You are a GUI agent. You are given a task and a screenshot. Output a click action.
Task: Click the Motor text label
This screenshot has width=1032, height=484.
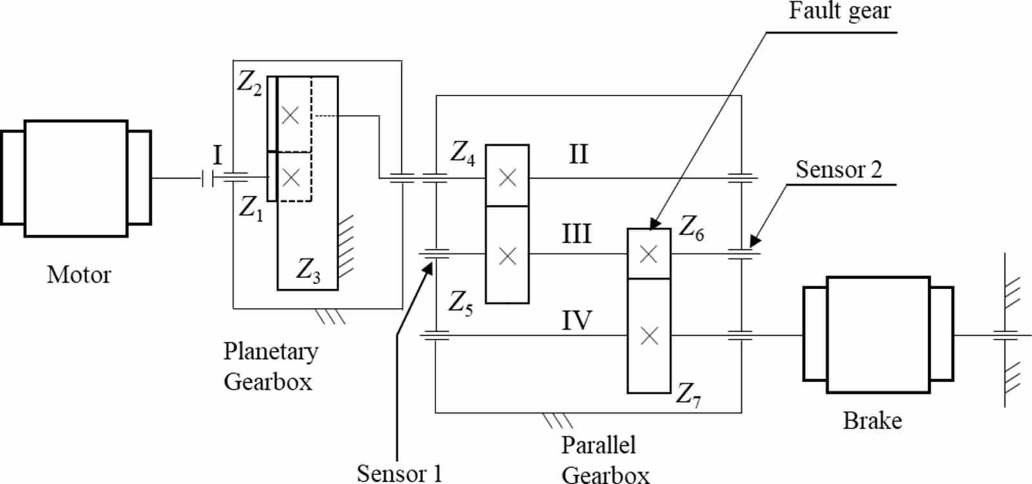[x=79, y=275]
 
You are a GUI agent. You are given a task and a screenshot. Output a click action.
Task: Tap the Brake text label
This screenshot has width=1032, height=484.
[x=872, y=421]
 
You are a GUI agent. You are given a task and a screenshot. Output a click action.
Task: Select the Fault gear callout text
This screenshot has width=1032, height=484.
[x=839, y=11]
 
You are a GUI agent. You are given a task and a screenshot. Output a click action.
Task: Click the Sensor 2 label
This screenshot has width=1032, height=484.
[x=838, y=170]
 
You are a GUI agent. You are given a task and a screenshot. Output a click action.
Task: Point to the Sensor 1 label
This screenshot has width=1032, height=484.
[x=399, y=473]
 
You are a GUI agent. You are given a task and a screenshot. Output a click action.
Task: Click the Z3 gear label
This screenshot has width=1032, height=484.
[x=308, y=270]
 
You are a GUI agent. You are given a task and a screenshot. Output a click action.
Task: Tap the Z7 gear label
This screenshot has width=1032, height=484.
[x=688, y=394]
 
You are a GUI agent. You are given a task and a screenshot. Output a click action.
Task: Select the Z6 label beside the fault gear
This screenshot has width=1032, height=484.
[x=691, y=228]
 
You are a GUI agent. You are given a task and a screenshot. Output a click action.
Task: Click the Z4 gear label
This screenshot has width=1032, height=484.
[x=462, y=154]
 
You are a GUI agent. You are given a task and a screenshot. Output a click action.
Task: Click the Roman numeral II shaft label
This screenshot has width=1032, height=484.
[x=578, y=155]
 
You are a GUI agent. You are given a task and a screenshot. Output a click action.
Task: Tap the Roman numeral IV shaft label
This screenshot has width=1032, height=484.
[x=577, y=320]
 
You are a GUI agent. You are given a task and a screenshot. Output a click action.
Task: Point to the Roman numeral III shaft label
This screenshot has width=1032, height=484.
[x=576, y=234]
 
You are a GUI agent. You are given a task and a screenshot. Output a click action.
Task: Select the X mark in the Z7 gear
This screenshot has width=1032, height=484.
[x=649, y=336]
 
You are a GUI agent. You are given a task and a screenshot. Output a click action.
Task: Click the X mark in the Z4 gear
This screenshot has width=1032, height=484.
[x=507, y=177]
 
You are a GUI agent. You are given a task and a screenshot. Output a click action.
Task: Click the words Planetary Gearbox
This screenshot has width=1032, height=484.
[x=270, y=366]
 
